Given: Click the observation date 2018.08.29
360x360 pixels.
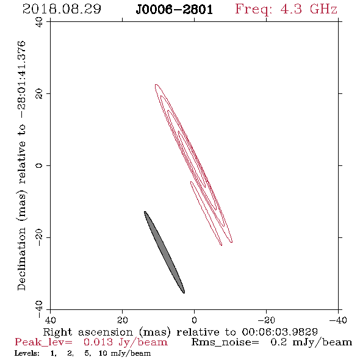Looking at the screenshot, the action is pos(62,9).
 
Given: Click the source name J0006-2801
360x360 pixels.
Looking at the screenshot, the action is pos(174,10).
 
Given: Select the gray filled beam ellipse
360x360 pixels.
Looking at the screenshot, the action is pos(164,252).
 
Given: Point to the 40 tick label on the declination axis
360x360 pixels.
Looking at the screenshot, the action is pos(39,22).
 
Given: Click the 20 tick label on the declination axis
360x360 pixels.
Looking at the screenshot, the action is pos(39,93).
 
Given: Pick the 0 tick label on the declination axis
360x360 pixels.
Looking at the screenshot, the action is pos(39,165).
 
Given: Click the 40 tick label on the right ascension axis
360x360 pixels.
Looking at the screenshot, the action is pos(50,320).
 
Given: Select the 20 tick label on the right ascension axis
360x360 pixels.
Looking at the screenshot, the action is pos(122,320).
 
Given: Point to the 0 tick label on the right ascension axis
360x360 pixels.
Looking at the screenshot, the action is pos(194,320).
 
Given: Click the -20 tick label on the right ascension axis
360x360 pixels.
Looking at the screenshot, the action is pos(266,320).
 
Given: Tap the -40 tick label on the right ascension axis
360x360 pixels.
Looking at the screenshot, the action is pos(337,320).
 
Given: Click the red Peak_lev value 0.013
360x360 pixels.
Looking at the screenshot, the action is pos(98,342).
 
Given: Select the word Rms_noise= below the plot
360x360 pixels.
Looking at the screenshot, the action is pos(225,342).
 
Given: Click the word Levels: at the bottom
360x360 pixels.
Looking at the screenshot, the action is pos(27,353).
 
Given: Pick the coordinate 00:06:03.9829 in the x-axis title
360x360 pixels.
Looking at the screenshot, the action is pos(279,332).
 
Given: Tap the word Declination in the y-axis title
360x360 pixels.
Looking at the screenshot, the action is pos(21,259).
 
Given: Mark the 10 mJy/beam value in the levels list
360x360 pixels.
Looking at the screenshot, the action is pos(124,353).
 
